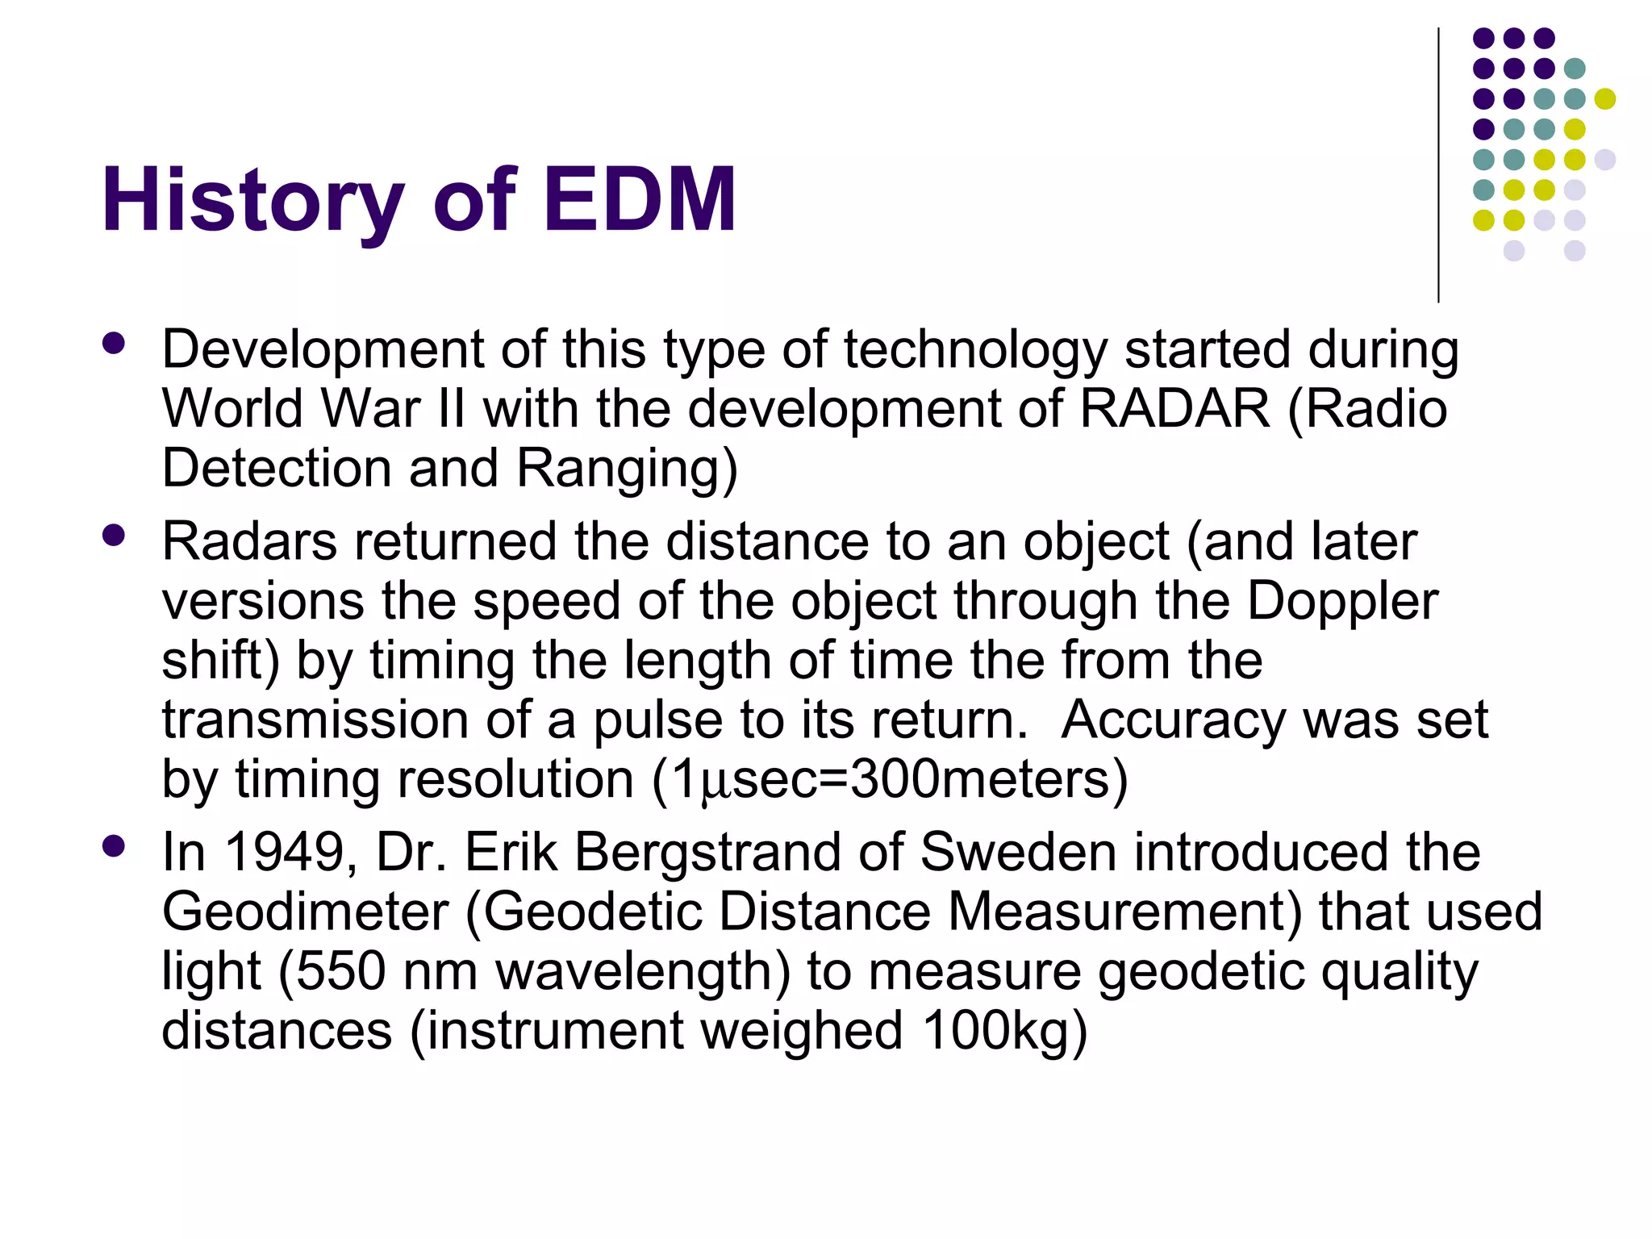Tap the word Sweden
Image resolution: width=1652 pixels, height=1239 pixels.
[1018, 852]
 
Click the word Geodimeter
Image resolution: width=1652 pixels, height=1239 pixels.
[305, 912]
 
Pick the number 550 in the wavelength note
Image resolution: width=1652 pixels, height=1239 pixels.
[340, 971]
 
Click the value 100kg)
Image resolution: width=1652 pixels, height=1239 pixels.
[1005, 1031]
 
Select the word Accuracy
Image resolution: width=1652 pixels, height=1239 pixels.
[1174, 720]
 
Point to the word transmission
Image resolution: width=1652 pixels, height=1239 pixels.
[315, 720]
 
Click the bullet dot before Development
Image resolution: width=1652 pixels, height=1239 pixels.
[114, 344]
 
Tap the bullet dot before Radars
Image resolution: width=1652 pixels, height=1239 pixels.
[114, 536]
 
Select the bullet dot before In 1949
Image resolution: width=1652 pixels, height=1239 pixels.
[114, 846]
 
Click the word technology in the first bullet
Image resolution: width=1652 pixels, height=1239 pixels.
[976, 350]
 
